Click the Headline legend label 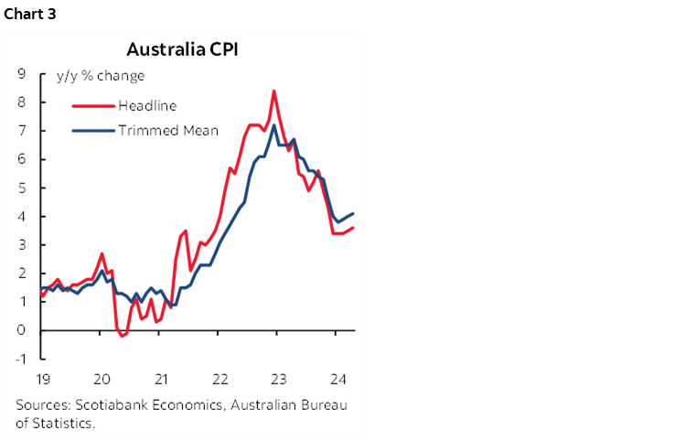(147, 106)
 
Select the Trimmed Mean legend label (167, 130)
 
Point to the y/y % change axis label (101, 76)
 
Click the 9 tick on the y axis (20, 74)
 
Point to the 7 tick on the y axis (20, 131)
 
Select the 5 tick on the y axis (20, 188)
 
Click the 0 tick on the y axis (20, 329)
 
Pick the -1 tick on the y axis (18, 358)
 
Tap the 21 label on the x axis (161, 379)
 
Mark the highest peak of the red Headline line (274, 91)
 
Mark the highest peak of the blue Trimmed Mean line (274, 125)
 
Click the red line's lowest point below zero (123, 336)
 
